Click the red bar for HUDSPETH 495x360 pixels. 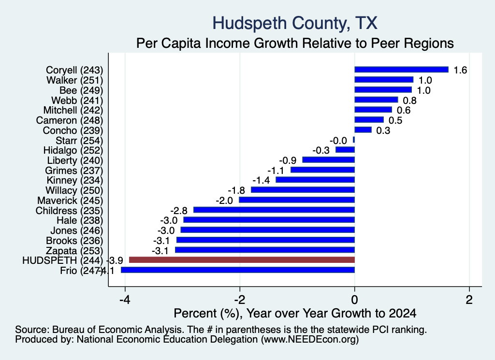[x=242, y=260]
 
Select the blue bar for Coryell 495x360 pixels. [x=402, y=70]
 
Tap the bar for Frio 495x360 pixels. [x=238, y=270]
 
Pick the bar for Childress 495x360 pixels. [x=274, y=210]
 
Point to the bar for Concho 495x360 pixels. [x=363, y=130]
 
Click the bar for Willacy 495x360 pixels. [x=303, y=190]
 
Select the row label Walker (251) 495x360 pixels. [x=75, y=80]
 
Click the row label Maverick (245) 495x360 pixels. [x=70, y=201]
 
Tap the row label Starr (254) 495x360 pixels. [x=79, y=141]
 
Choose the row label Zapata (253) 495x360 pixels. [x=74, y=250]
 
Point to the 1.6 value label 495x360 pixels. [x=460, y=70]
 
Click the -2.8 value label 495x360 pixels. [x=179, y=211]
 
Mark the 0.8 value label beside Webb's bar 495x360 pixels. [x=410, y=101]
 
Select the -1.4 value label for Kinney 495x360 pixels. [x=261, y=180]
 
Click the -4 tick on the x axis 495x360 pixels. [x=125, y=300]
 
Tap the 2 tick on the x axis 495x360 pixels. [x=469, y=300]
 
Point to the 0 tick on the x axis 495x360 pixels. [x=354, y=300]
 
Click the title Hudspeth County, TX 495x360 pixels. [x=295, y=23]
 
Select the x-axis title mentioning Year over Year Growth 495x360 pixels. [x=295, y=313]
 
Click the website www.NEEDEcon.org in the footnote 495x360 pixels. [x=310, y=340]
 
